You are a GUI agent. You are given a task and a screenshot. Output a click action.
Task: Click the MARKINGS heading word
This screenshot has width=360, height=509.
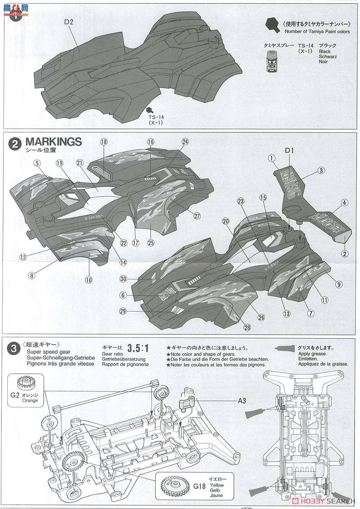[53, 142]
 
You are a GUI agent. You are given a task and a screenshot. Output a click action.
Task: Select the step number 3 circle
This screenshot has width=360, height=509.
[14, 349]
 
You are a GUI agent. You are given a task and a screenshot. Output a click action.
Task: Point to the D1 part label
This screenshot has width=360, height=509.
[290, 150]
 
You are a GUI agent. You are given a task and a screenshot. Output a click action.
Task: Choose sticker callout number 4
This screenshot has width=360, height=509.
[344, 203]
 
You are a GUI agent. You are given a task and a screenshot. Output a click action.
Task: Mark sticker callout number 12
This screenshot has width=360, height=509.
[23, 257]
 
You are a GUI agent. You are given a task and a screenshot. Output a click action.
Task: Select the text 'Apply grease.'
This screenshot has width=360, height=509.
[312, 354]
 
